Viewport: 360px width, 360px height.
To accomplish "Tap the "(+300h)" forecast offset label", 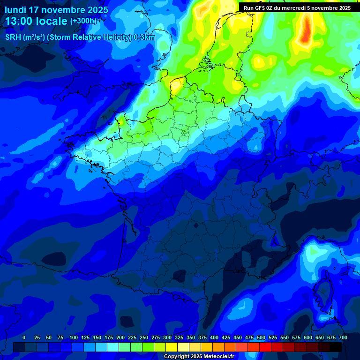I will point(83,21).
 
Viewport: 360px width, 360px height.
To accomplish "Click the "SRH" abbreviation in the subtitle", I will point(13,37).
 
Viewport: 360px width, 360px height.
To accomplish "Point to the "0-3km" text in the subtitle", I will point(144,37).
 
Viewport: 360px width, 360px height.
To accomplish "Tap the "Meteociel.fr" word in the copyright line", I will point(218,356).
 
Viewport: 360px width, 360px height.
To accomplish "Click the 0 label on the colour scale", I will point(24,337).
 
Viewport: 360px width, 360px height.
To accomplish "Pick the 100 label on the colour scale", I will point(74,337).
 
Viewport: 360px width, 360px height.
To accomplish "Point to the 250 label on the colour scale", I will point(144,337).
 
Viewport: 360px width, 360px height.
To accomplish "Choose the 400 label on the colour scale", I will point(214,337).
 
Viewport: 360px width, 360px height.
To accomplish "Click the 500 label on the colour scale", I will point(261,337).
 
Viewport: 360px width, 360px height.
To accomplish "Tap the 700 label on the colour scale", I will point(343,337).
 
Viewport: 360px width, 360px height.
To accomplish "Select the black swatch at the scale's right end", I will point(336,347).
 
